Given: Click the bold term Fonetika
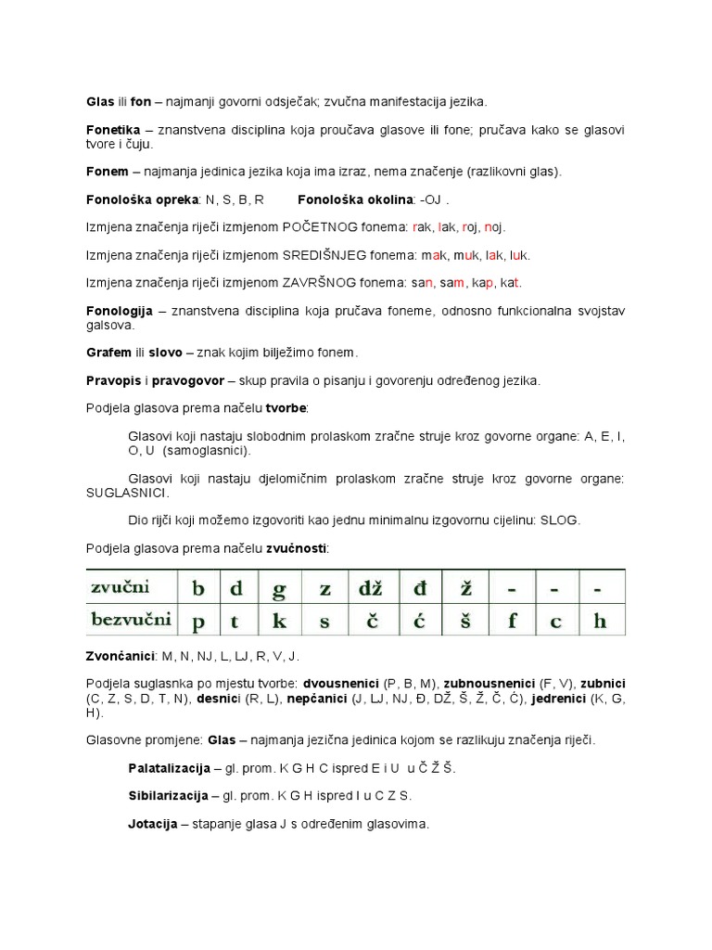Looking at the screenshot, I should pyautogui.click(x=113, y=131).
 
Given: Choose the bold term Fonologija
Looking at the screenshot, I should pyautogui.click(x=119, y=311).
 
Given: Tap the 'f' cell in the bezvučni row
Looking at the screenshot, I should pyautogui.click(x=512, y=621).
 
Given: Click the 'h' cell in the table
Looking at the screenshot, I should pyautogui.click(x=600, y=621).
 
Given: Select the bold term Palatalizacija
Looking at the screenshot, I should pyautogui.click(x=170, y=768).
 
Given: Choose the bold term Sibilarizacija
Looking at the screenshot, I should pyautogui.click(x=168, y=796).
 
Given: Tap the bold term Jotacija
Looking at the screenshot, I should pyautogui.click(x=152, y=824).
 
